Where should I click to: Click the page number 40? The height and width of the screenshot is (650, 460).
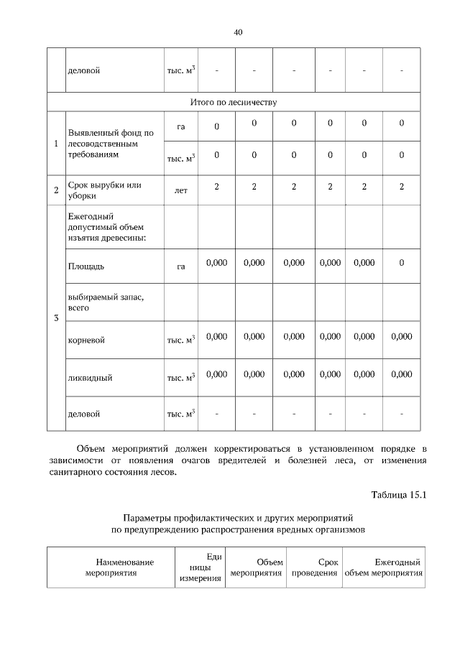(238, 32)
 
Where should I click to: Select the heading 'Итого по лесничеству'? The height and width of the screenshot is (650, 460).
(234, 102)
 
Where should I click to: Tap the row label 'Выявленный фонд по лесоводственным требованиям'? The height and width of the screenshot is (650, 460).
(111, 143)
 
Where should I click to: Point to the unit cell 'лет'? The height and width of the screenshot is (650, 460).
(180, 191)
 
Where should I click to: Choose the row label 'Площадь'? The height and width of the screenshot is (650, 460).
(86, 266)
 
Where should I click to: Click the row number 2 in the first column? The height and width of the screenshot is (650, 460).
(56, 190)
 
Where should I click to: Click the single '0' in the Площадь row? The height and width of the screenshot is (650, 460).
(401, 263)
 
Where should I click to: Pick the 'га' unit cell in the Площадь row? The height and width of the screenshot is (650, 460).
(180, 266)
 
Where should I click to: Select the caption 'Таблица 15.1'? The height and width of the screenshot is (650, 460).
(399, 494)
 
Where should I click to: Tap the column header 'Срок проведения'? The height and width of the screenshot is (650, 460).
(314, 567)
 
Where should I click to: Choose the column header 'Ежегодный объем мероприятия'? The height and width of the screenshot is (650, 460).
(383, 567)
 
